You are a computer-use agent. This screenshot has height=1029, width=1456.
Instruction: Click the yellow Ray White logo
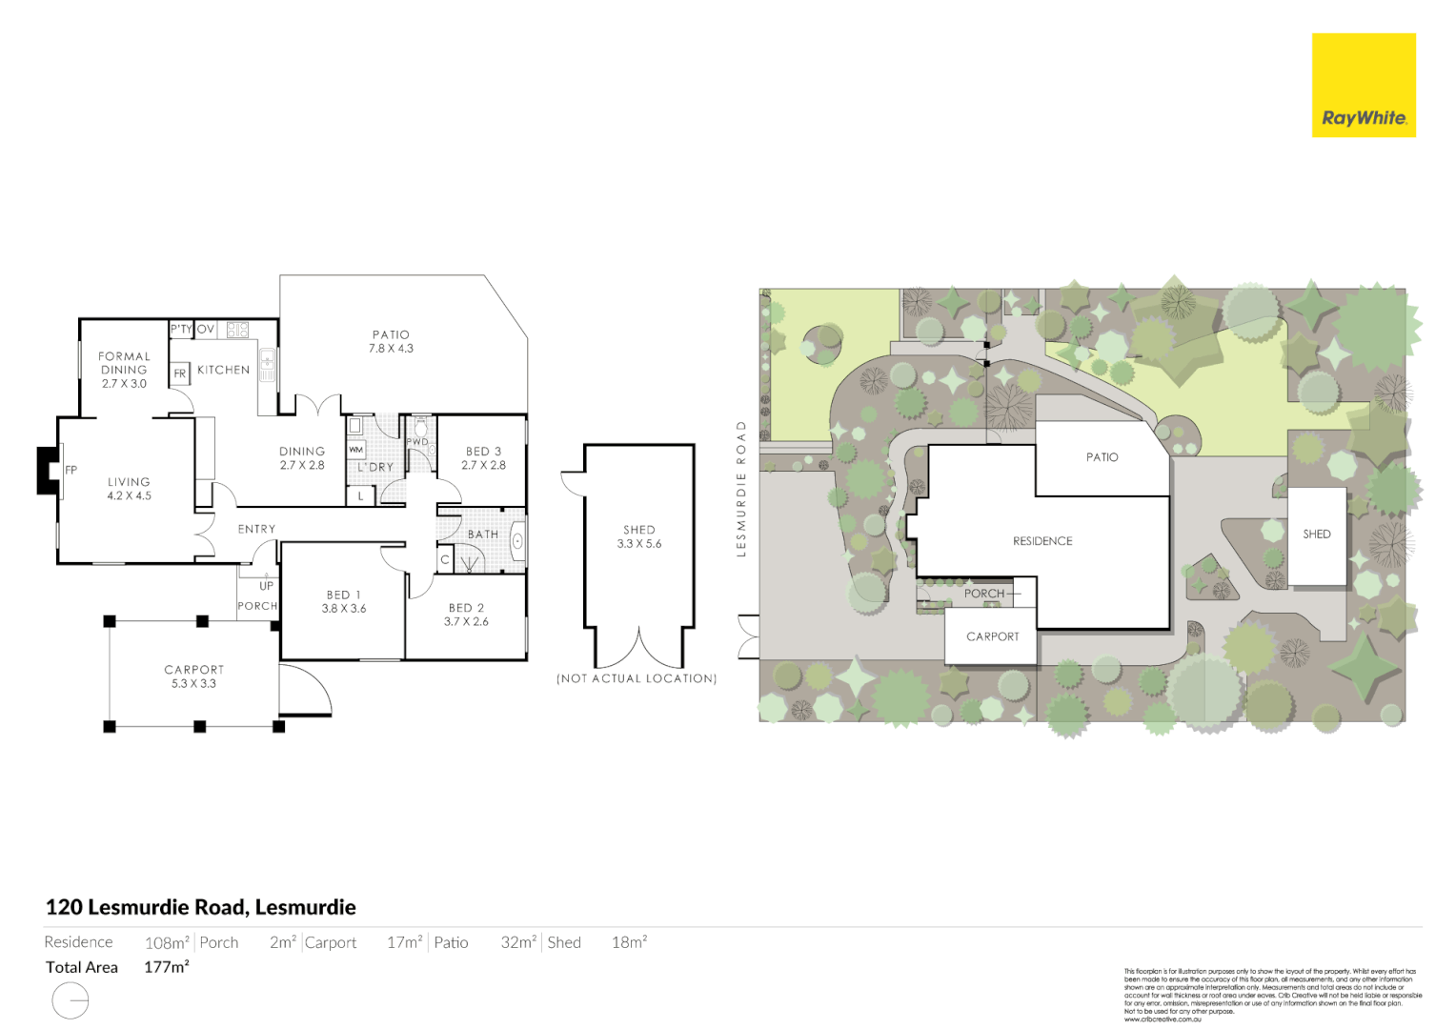[1363, 86]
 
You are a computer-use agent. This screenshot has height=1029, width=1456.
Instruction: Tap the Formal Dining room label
[124, 370]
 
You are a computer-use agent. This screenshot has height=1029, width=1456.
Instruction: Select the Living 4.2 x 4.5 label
[129, 489]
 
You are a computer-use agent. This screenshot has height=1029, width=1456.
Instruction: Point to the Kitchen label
[223, 370]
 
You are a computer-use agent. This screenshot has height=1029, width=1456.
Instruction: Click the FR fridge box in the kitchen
[180, 373]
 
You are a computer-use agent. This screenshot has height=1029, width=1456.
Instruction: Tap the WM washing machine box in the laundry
[355, 449]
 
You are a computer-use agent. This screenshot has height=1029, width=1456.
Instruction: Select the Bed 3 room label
[483, 458]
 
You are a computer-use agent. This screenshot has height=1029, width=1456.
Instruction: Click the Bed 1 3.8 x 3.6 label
[343, 601]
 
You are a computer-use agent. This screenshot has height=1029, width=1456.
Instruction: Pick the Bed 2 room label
[466, 615]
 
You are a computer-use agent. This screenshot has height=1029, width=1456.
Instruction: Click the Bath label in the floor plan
[482, 535]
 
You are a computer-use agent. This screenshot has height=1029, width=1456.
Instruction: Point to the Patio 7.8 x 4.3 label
[391, 341]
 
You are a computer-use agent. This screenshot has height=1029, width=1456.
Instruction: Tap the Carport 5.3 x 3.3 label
[193, 676]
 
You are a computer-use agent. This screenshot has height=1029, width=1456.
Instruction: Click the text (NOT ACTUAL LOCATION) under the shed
[637, 678]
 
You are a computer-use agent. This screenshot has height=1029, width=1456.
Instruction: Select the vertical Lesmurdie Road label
[741, 488]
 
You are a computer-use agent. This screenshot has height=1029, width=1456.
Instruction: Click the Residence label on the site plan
[1042, 541]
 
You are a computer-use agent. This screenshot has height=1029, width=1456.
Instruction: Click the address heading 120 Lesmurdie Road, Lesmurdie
[201, 907]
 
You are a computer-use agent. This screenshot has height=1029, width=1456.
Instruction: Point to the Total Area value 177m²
[167, 967]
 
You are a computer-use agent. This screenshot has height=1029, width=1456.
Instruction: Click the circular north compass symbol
[71, 1001]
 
